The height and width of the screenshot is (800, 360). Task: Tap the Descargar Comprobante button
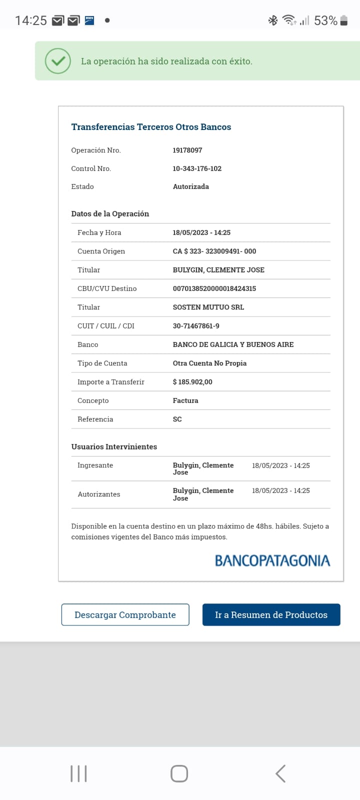coord(125,615)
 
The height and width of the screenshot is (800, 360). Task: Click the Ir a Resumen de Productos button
coord(271,615)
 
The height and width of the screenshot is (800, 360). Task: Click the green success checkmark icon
coord(58,61)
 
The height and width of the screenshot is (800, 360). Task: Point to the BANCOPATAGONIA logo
coord(272,560)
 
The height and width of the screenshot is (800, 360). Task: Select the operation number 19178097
coord(187,150)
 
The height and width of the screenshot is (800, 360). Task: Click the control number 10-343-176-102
coord(197,168)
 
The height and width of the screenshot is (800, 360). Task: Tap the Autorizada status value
coord(191,186)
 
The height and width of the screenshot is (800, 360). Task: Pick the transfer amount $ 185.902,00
coord(192,382)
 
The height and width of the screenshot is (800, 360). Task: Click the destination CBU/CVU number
coord(214,288)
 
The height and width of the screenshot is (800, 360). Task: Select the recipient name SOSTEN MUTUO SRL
coord(208,307)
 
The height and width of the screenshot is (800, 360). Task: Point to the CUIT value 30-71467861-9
coord(196,326)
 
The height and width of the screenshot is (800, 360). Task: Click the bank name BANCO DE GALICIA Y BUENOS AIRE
coord(233,344)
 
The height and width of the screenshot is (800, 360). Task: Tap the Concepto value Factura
coord(185,400)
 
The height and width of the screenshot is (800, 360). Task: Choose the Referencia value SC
coord(177,419)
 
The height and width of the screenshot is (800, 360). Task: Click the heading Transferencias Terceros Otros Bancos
coord(151,127)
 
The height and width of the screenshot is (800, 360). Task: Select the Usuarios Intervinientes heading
coord(114,446)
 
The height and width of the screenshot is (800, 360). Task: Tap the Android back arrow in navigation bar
coord(280,773)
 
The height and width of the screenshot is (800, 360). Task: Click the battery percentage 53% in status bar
coord(325,20)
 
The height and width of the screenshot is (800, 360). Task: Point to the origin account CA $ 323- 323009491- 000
coord(214,251)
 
